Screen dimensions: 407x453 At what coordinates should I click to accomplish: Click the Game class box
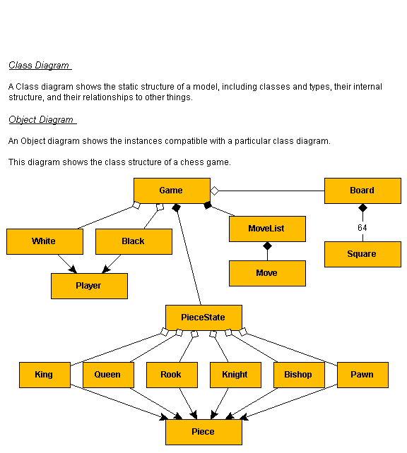tap(172, 191)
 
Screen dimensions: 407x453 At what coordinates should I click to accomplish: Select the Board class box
tap(362, 191)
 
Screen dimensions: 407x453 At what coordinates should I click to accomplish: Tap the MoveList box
tap(267, 229)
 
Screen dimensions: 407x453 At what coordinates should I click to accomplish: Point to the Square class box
tap(362, 254)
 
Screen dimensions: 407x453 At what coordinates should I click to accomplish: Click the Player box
tap(89, 286)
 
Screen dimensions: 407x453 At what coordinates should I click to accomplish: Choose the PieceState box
tap(203, 318)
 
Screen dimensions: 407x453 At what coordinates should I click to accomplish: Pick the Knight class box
tap(235, 375)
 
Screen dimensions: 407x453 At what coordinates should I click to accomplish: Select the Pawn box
tap(362, 375)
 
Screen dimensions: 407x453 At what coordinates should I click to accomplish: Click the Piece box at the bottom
tap(203, 433)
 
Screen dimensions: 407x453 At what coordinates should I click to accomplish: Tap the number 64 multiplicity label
tap(362, 228)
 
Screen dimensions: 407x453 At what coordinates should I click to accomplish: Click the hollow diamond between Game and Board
tap(214, 191)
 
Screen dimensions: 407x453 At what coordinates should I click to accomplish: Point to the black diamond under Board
tap(362, 207)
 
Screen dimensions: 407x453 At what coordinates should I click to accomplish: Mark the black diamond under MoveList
tap(267, 246)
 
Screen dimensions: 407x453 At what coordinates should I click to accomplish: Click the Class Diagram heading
tap(39, 66)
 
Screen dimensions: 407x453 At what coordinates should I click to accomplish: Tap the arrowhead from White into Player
tap(73, 270)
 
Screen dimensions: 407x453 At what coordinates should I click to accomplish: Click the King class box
tap(45, 375)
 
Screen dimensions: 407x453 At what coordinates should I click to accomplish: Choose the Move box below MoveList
tap(267, 273)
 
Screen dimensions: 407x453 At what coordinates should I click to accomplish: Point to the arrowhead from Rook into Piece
tap(194, 415)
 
